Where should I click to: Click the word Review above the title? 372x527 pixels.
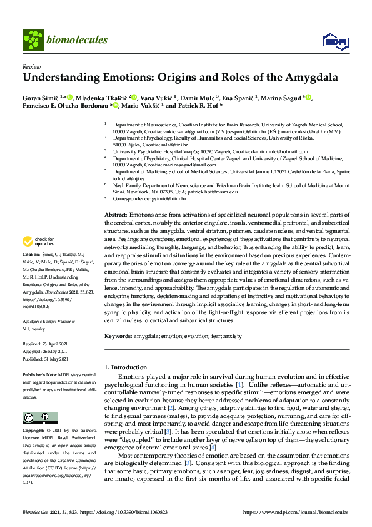point(29,66)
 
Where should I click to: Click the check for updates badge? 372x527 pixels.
point(39,240)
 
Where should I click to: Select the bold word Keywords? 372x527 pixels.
point(118,337)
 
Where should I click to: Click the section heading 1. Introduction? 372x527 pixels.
point(129,367)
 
